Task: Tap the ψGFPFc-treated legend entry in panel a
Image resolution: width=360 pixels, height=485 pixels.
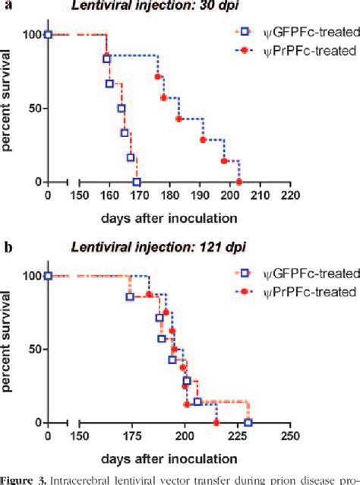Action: coord(287,33)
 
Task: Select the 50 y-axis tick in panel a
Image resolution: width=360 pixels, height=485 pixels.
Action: coord(33,108)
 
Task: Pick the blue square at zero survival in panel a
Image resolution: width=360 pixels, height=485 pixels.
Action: coord(137,182)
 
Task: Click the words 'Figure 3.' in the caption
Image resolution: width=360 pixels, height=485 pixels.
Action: coord(27,479)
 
